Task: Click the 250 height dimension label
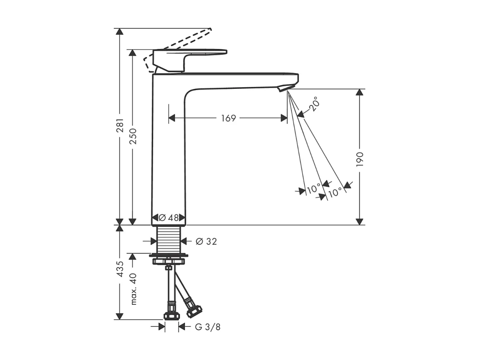tap(133, 136)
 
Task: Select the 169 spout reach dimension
tap(228, 118)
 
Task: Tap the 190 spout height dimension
tap(359, 159)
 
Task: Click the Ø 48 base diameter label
tap(168, 218)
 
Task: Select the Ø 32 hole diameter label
tap(206, 241)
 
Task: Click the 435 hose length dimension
tap(119, 269)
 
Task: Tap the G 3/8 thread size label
tap(207, 327)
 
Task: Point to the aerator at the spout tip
tap(286, 88)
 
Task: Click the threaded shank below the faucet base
tap(169, 240)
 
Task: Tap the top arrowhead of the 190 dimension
tap(359, 93)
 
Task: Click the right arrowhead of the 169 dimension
tap(284, 118)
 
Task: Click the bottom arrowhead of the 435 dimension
tap(119, 316)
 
